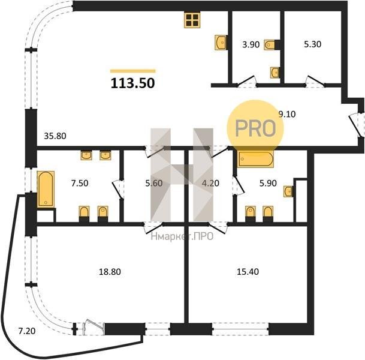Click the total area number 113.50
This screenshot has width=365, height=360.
coord(132,83)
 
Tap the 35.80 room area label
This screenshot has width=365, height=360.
coord(55,136)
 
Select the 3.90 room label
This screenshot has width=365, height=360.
coord(251,44)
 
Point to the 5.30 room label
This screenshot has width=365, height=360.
coord(313,44)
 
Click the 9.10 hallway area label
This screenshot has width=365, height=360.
coord(287,114)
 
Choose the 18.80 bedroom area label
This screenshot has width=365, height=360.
coord(110,272)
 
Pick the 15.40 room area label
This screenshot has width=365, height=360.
coord(248,272)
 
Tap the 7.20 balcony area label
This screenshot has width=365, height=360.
coord(27,331)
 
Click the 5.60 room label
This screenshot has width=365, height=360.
coord(154,183)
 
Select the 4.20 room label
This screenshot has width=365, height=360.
coord(210,183)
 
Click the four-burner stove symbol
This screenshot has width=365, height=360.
coord(192,20)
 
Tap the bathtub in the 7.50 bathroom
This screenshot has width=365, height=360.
coord(46,189)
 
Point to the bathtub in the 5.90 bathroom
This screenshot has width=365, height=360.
coord(255,159)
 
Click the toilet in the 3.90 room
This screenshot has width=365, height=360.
coord(270,44)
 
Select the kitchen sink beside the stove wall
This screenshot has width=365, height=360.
coord(221,43)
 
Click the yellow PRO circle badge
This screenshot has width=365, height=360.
coord(255,128)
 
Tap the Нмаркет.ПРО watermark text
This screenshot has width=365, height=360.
coord(182,237)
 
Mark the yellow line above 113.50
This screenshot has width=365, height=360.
coord(133,71)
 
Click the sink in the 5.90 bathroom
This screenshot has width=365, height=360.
coord(288,191)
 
